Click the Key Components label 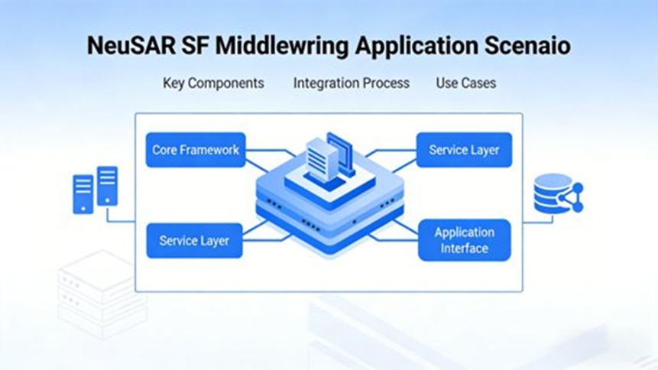tap(213, 83)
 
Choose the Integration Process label tap(351, 83)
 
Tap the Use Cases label tap(465, 83)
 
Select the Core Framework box tap(196, 150)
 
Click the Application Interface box tap(464, 240)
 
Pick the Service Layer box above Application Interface tap(464, 150)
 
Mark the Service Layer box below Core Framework tap(194, 241)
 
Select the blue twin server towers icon tap(95, 190)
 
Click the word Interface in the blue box tap(464, 248)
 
